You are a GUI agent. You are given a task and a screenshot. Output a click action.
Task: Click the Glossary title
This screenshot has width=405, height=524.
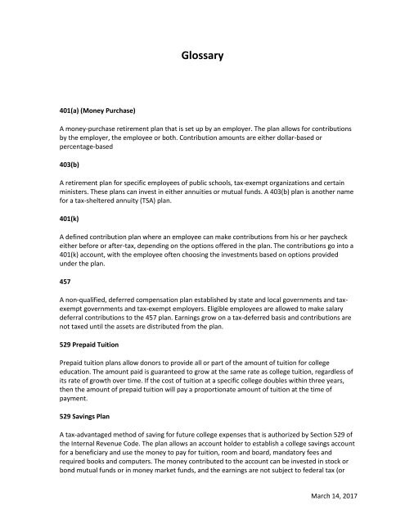[x=202, y=57]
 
